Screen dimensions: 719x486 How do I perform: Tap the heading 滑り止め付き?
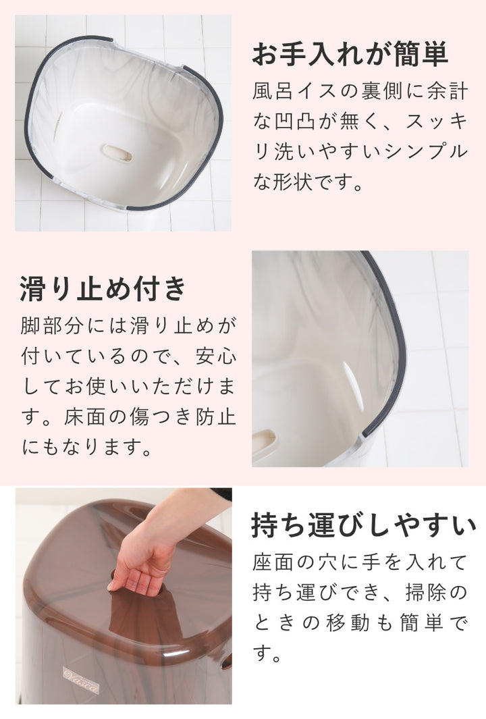(x=103, y=289)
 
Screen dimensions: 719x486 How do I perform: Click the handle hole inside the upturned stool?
(x=117, y=153)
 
